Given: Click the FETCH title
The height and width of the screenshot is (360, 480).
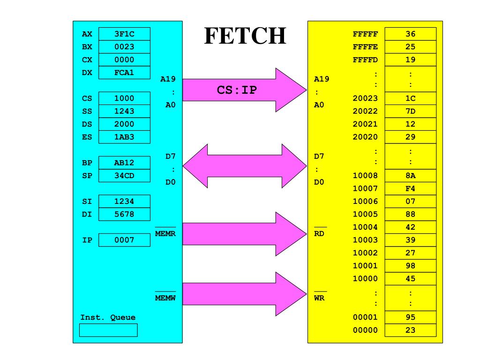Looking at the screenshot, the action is click(x=245, y=36).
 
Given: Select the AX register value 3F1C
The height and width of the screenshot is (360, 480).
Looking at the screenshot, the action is click(x=124, y=34).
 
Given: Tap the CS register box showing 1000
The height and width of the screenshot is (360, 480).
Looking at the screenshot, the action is click(x=124, y=98).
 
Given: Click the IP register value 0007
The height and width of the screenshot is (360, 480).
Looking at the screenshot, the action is click(x=124, y=240).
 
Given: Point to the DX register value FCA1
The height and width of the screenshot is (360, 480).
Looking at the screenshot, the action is click(x=124, y=73).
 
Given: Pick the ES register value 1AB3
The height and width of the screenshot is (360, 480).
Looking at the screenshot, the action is click(x=124, y=137).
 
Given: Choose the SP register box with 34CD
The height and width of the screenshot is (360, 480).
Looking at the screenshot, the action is click(x=124, y=176).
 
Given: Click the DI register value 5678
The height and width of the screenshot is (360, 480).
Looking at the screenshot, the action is click(x=124, y=214).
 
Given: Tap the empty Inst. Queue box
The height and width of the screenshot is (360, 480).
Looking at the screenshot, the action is click(x=108, y=330).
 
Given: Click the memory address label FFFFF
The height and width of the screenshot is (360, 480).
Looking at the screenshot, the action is click(x=365, y=34).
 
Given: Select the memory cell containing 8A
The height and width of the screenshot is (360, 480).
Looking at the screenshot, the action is click(x=410, y=176).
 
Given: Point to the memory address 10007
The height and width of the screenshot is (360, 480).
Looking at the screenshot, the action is click(x=365, y=189).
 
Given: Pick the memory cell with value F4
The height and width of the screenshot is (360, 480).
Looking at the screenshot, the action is click(x=410, y=189).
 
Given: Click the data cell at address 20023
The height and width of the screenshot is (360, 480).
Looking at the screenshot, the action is click(x=410, y=98).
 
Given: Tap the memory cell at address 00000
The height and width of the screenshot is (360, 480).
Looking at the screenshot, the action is click(x=410, y=330).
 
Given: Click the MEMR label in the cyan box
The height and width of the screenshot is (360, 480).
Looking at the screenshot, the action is click(x=165, y=233).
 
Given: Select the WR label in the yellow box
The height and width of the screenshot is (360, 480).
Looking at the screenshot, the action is click(x=319, y=297).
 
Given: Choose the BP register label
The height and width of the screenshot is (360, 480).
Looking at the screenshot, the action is click(x=87, y=163).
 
